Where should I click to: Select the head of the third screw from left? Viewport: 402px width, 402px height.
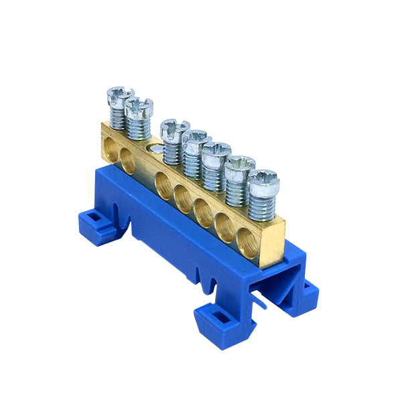tap(175, 126)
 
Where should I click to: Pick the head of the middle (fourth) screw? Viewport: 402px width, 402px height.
tap(196, 138)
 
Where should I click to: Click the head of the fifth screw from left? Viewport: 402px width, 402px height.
tap(216, 150)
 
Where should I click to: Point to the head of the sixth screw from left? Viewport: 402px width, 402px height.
tap(239, 163)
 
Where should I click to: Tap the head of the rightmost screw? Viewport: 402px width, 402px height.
tap(262, 177)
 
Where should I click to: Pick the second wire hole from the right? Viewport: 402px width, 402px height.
tap(226, 224)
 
